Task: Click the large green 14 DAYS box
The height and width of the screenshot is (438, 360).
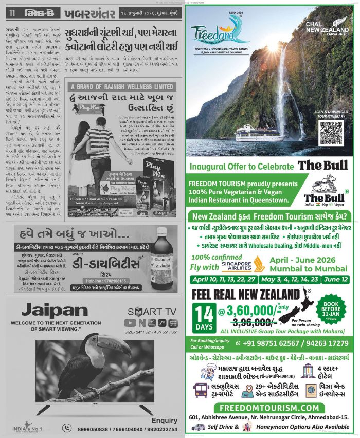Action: coord(205,318)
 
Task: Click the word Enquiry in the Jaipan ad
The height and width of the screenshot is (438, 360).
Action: coord(164,420)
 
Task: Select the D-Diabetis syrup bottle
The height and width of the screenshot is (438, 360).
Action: coord(163,254)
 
